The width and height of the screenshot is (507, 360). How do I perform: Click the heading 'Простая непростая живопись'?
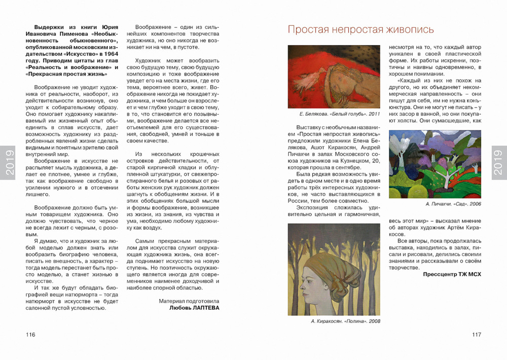tap(360, 29)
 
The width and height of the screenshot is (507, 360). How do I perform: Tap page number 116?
tap(30, 335)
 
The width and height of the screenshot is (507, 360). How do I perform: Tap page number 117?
tap(476, 335)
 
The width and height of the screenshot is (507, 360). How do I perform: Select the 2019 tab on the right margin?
tap(498, 162)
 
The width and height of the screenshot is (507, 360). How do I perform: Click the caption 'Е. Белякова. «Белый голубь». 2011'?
tap(333, 114)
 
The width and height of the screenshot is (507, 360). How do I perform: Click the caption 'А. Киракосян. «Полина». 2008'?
tap(345, 321)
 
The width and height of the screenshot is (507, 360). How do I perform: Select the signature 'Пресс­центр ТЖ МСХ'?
tap(452, 274)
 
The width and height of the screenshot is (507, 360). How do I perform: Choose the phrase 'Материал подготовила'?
tap(189, 300)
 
